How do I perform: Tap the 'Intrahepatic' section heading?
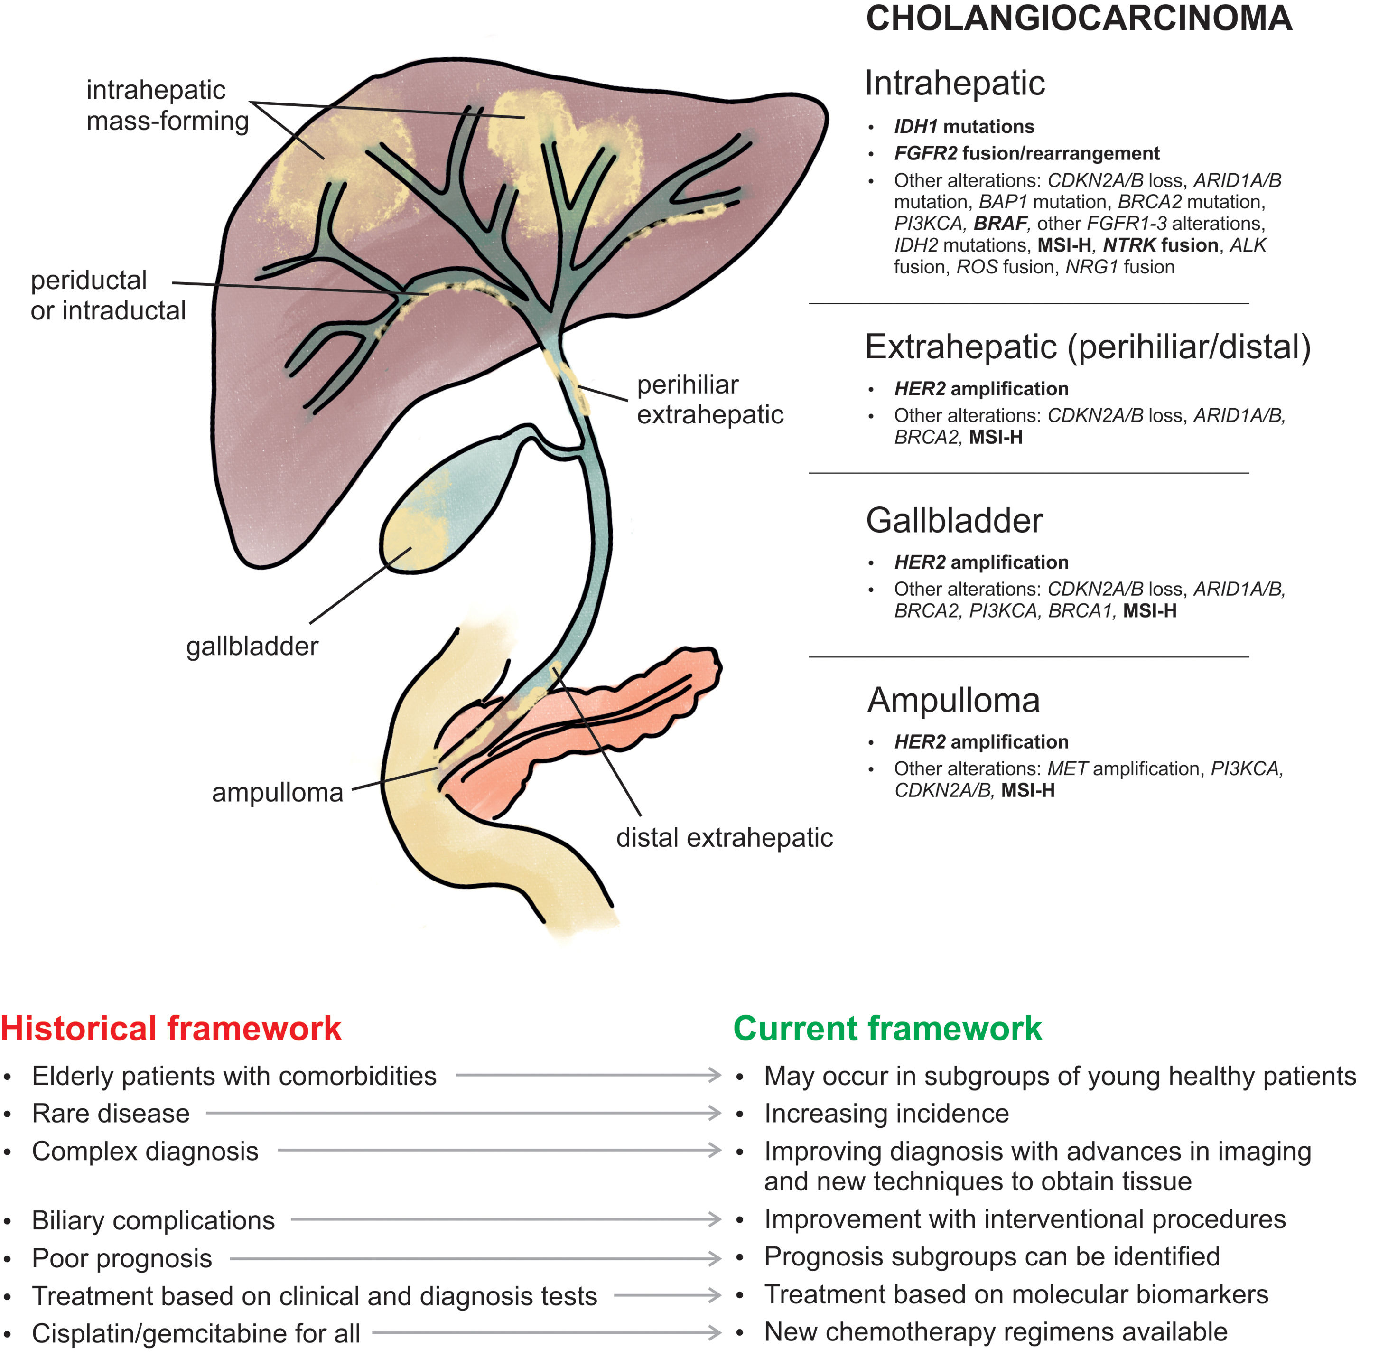[954, 84]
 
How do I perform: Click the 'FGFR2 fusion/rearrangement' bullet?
[1026, 154]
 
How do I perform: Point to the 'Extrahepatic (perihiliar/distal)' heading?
[1087, 347]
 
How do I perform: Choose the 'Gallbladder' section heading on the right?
[953, 521]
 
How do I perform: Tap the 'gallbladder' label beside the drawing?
[252, 647]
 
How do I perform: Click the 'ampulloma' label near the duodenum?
[277, 793]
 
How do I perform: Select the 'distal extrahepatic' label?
[724, 838]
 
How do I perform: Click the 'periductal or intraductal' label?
[108, 295]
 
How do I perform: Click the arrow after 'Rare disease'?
[464, 1114]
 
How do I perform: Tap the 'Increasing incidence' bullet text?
[886, 1114]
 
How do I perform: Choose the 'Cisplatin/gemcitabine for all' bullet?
[196, 1333]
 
